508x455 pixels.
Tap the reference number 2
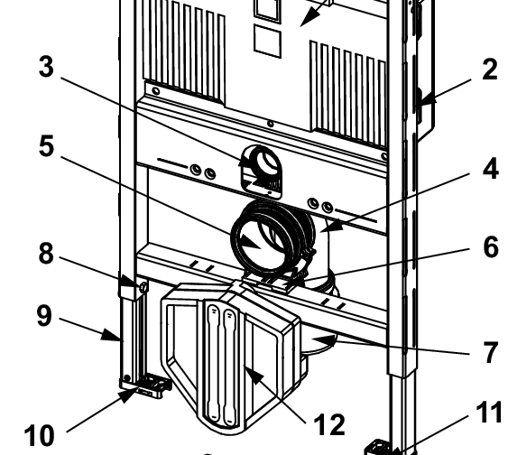(x=488, y=70)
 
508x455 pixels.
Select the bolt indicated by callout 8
(x=142, y=286)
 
